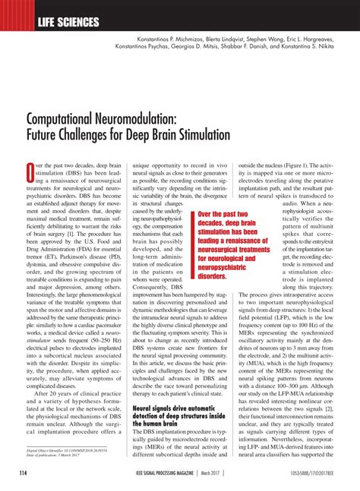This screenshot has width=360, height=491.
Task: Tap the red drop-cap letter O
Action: pos(33,169)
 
